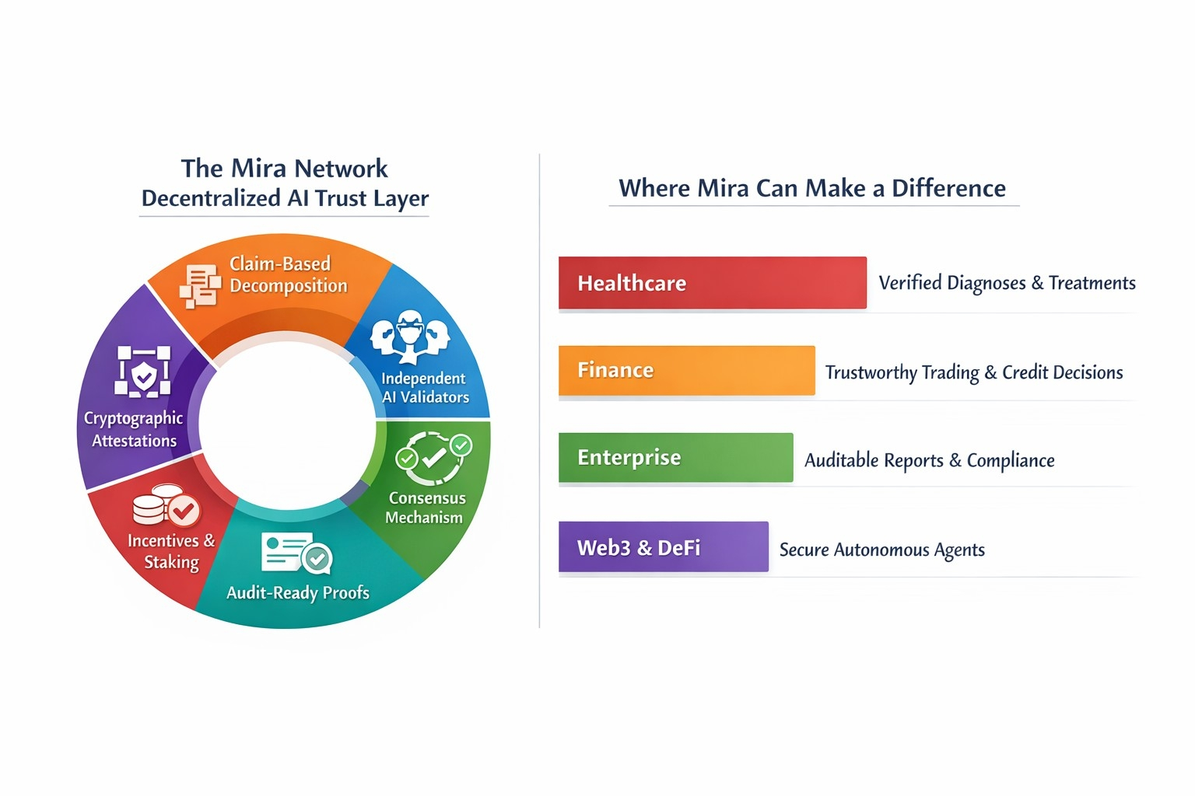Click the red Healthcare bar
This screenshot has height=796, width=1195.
(712, 283)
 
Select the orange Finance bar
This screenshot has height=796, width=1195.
(686, 371)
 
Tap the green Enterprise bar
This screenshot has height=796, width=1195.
(675, 458)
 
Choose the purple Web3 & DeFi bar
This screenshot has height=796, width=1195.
(663, 547)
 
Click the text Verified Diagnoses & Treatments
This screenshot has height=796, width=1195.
(1007, 283)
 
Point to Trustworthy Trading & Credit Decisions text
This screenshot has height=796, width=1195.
(973, 373)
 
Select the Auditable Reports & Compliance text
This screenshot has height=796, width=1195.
(929, 460)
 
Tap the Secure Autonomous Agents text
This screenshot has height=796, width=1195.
(881, 550)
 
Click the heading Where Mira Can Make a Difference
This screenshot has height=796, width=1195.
(811, 188)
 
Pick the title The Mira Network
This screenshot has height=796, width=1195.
(284, 169)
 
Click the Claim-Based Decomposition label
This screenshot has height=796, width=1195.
(288, 274)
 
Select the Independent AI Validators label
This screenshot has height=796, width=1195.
(425, 387)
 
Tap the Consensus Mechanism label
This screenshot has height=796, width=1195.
(425, 507)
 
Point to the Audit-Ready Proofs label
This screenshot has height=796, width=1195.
(297, 592)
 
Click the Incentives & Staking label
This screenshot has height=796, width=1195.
(170, 550)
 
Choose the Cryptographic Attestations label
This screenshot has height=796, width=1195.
(134, 429)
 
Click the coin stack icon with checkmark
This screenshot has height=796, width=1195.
(166, 505)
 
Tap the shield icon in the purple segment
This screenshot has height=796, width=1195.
(143, 372)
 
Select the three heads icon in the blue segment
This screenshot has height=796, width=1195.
(410, 337)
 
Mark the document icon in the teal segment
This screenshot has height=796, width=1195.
(296, 553)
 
